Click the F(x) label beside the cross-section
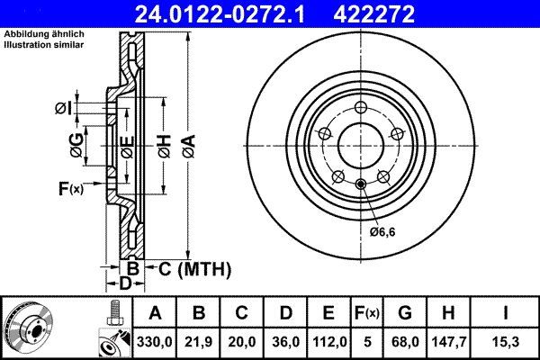pyautogui.click(x=69, y=188)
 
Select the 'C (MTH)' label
pyautogui.click(x=194, y=268)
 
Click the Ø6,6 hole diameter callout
pyautogui.click(x=382, y=233)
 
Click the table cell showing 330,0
pyautogui.click(x=155, y=342)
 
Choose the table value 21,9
pyautogui.click(x=200, y=342)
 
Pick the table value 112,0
pyautogui.click(x=328, y=342)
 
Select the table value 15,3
pyautogui.click(x=508, y=342)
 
